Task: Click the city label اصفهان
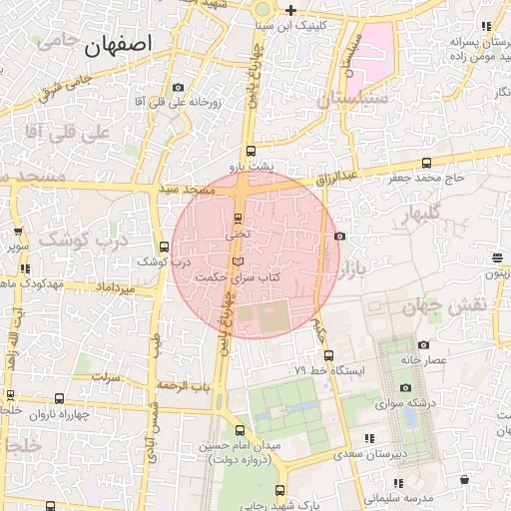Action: (119, 43)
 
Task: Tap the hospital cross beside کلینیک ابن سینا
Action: (289, 10)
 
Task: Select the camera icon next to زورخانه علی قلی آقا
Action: (178, 88)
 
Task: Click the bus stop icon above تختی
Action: (238, 219)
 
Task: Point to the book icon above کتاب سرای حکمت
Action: (237, 260)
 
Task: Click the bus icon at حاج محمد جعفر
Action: (427, 163)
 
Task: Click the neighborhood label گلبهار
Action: (427, 215)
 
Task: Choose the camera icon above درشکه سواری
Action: (404, 388)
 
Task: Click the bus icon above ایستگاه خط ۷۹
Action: (329, 354)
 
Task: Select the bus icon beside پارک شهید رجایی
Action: (278, 490)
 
